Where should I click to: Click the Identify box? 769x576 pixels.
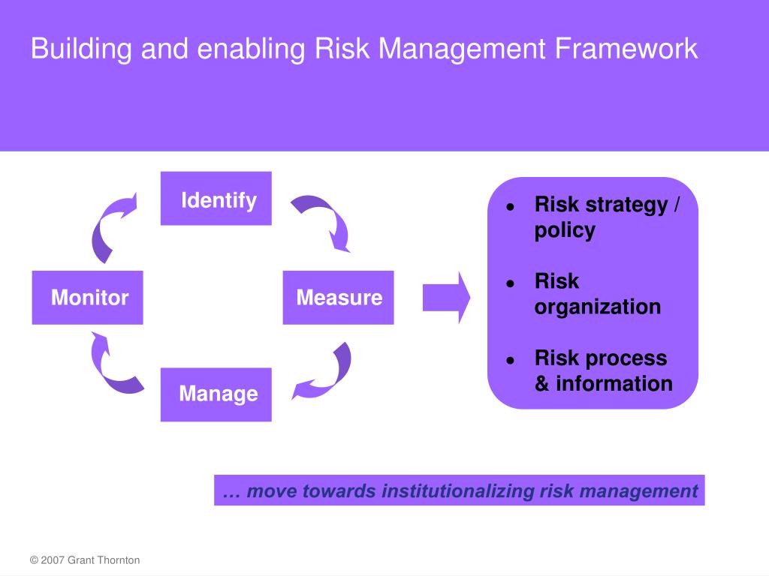(216, 199)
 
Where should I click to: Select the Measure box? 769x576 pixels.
(338, 298)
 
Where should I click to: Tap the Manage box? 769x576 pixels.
(216, 394)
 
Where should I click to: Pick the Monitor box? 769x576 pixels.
(88, 298)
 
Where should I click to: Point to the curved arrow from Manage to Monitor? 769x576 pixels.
(113, 367)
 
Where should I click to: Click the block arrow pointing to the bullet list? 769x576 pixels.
(446, 297)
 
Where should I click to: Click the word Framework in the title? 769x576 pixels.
(626, 49)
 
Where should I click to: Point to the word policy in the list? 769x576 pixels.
(565, 230)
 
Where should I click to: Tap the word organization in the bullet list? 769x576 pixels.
(598, 307)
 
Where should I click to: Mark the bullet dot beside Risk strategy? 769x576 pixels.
(510, 206)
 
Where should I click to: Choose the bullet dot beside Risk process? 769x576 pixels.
(510, 359)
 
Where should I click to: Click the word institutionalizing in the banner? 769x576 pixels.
(458, 491)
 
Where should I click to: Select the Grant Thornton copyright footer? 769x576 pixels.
(85, 560)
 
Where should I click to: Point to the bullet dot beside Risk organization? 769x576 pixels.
(510, 283)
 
